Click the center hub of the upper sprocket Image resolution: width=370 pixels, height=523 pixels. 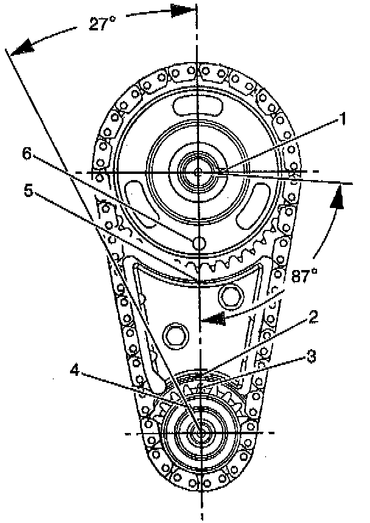(x=198, y=173)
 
